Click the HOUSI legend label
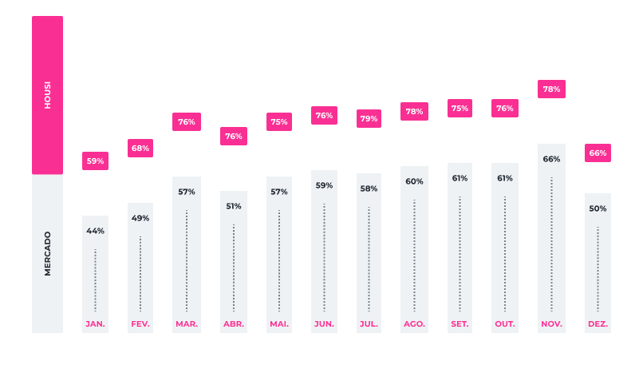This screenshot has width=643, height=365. click(47, 95)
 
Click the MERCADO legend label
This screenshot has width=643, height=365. click(47, 254)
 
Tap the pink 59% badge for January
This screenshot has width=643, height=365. click(95, 161)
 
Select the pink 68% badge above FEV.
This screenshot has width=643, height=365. click(140, 148)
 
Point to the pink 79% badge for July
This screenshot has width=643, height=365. click(369, 119)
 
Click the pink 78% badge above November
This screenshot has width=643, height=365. click(551, 89)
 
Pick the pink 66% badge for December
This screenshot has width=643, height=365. click(598, 153)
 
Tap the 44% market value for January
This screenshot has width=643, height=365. click(95, 231)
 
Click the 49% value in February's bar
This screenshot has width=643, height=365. click(140, 218)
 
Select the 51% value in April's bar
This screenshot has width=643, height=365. click(234, 206)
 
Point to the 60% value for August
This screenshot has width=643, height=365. click(414, 181)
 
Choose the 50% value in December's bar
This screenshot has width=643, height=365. click(598, 208)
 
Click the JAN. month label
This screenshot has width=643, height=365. click(95, 323)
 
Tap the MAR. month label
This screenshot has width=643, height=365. click(187, 323)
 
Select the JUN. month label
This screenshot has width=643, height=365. click(324, 323)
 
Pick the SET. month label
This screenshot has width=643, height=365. click(460, 323)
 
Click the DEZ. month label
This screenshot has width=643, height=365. click(598, 323)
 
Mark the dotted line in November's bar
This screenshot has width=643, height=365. click(551, 244)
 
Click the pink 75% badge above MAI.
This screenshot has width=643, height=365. click(279, 122)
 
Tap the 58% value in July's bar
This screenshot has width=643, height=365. click(369, 188)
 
